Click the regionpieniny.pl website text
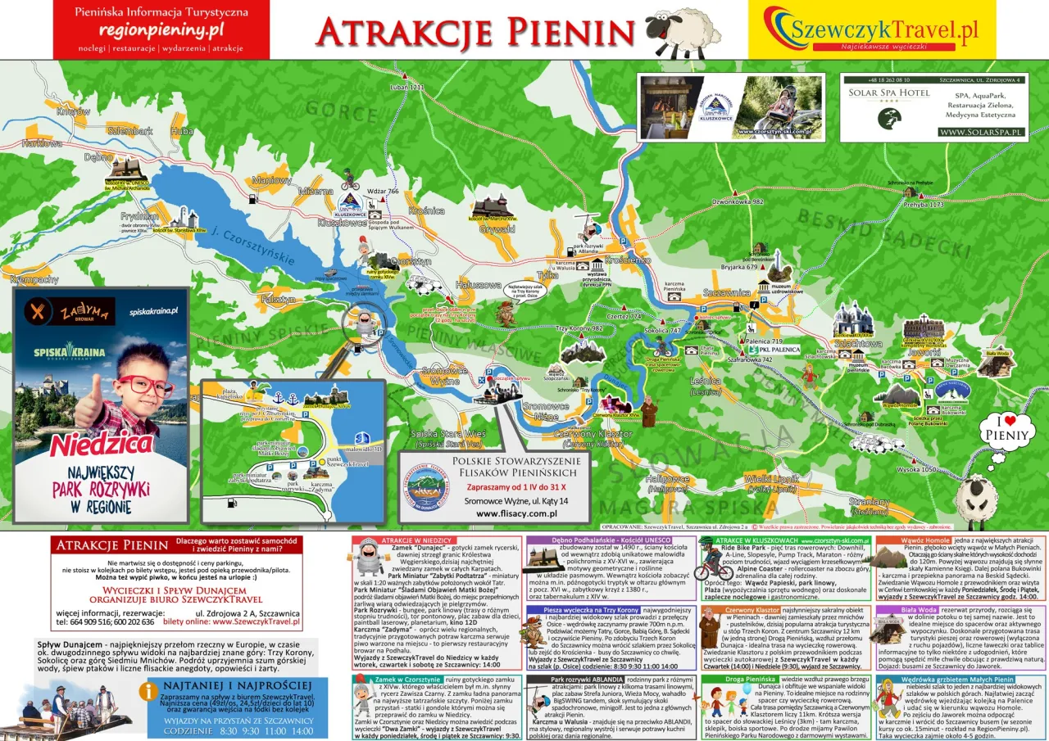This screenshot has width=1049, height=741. pos(161,29)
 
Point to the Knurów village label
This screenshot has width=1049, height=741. pos(74,111)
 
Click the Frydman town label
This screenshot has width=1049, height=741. pos(139,217)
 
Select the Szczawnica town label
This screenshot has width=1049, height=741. pos(726,291)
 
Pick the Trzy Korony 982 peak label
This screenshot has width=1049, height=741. pos(579,328)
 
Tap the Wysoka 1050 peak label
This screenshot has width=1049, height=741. pos(916,469)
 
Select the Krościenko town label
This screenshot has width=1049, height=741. pos(628,260)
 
